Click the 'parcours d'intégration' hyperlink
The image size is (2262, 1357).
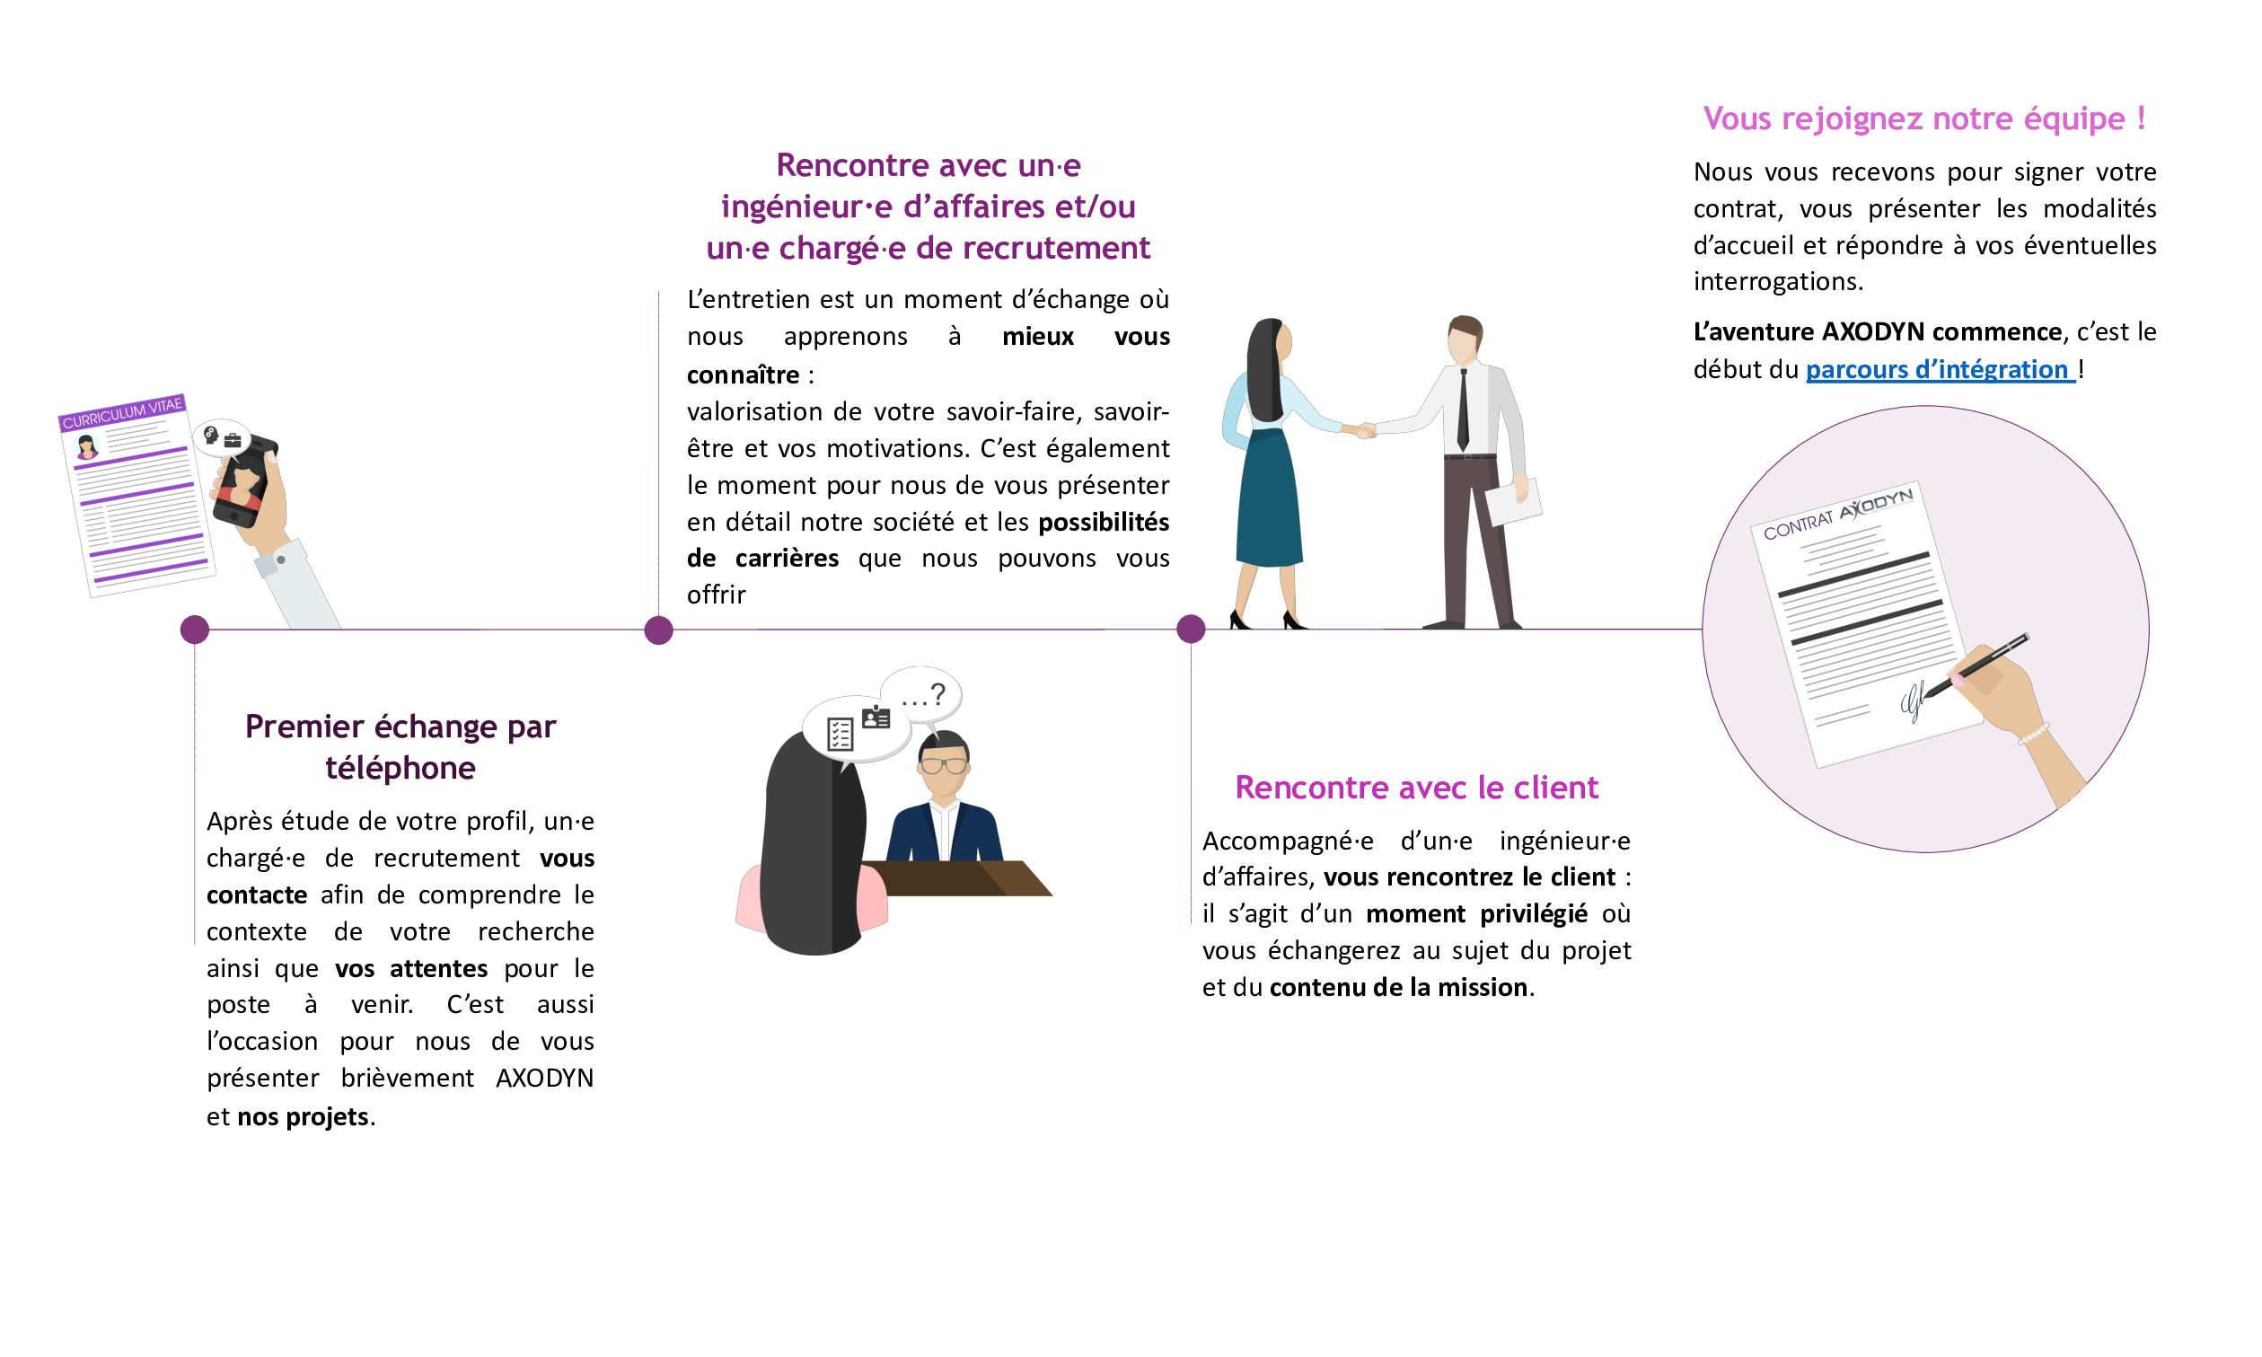click(1940, 369)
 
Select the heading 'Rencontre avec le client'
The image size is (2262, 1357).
click(1416, 788)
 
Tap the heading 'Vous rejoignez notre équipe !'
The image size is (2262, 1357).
click(1924, 119)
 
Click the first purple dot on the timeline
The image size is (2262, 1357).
click(195, 630)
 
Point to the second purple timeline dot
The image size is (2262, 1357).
click(658, 630)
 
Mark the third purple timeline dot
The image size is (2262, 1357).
click(1191, 630)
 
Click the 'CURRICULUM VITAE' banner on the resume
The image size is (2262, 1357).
click(122, 412)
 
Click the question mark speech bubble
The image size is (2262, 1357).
click(921, 697)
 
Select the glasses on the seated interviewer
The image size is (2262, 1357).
click(945, 764)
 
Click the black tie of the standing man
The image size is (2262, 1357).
click(1463, 409)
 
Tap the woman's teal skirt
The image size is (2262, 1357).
click(1269, 498)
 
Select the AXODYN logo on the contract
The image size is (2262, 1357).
click(1875, 504)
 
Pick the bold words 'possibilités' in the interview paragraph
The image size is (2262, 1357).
click(1104, 522)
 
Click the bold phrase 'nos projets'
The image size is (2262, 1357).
click(303, 1116)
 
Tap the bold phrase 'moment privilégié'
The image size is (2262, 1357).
click(1476, 913)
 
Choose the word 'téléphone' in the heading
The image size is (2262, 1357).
click(400, 768)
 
